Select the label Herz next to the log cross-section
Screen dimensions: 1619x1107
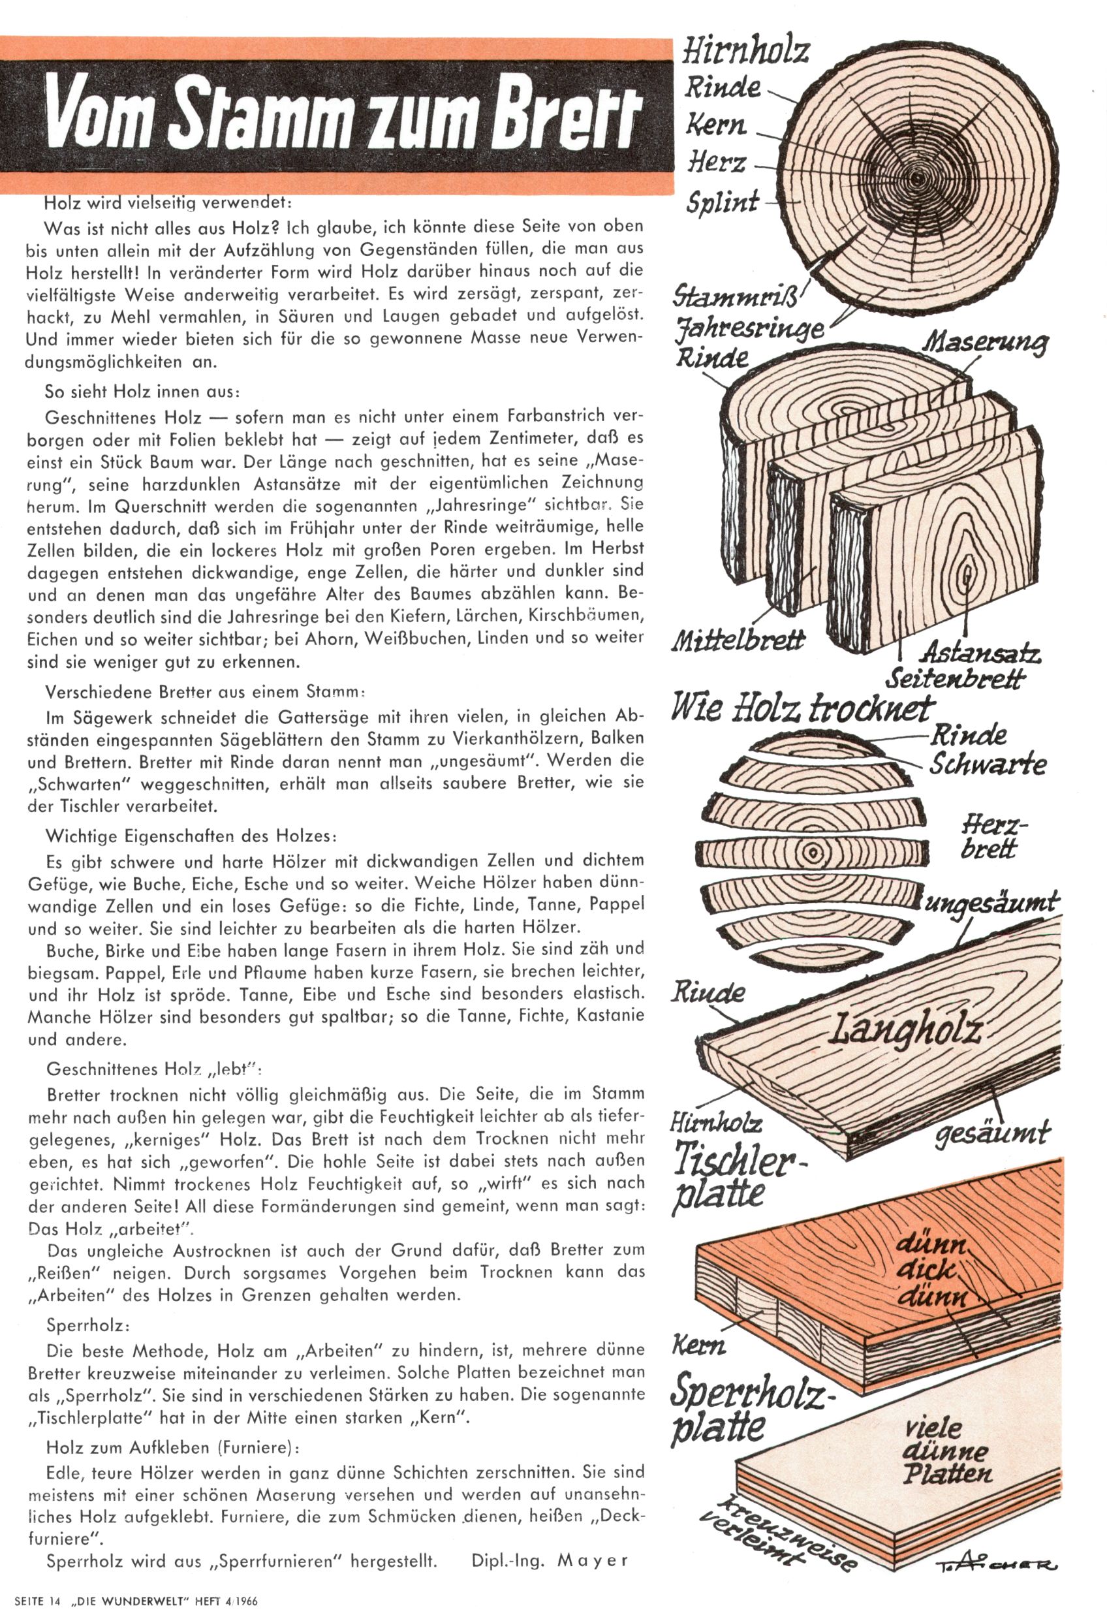(717, 163)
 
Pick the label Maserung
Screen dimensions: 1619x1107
(985, 343)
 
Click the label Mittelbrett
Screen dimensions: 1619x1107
(737, 640)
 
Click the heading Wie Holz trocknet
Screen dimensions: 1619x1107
(801, 709)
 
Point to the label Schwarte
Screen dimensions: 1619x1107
(988, 764)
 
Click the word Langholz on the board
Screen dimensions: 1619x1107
(904, 1028)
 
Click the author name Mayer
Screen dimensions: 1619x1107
(592, 1560)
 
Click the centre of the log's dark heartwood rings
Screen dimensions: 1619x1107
(918, 178)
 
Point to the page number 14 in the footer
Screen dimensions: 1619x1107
(55, 1600)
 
